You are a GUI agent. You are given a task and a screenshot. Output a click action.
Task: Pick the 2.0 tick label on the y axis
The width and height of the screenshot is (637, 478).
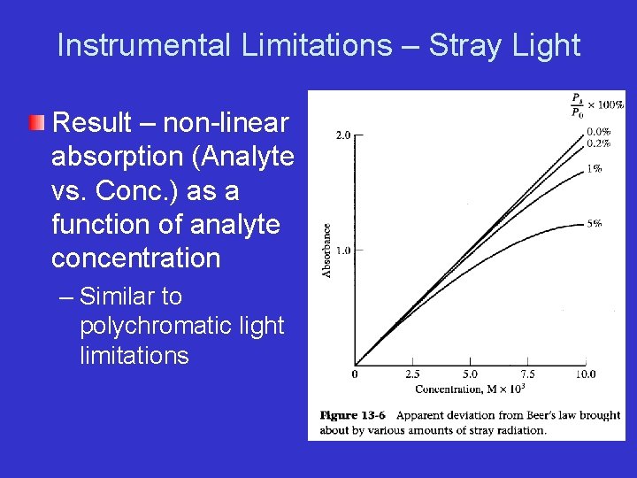(342, 135)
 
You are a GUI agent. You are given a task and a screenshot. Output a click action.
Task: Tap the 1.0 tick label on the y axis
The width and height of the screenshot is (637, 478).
(342, 251)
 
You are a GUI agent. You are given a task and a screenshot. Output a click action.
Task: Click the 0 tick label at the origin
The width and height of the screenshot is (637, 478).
(356, 374)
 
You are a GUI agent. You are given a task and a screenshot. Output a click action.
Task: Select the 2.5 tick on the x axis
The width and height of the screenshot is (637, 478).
(412, 374)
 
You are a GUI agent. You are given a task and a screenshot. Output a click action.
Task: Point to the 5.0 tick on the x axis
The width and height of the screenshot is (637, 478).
(470, 374)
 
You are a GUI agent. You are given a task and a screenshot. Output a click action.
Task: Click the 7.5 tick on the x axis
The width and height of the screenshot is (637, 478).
(527, 374)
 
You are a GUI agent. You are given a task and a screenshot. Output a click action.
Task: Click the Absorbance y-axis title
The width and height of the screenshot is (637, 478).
(326, 251)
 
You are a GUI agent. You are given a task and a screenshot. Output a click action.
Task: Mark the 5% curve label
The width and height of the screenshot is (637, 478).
(595, 224)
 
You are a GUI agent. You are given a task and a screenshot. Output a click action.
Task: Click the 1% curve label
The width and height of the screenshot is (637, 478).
(595, 168)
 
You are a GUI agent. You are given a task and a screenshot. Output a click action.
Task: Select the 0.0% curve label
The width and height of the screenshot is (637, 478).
(598, 131)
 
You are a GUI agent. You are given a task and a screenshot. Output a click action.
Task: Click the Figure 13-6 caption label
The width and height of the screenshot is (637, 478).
(351, 415)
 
